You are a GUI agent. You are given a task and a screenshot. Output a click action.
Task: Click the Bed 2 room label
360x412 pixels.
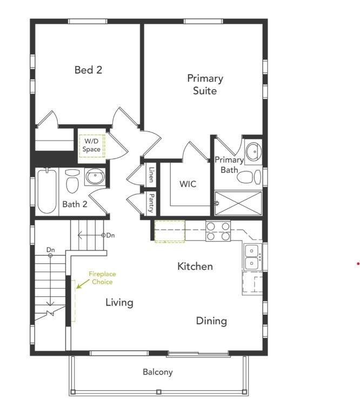[88, 70]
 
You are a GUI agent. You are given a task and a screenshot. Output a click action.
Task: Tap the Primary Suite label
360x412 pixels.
[205, 84]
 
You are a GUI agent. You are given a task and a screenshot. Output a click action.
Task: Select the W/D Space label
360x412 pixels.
[91, 145]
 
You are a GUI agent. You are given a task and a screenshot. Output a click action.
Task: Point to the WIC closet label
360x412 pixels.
[188, 184]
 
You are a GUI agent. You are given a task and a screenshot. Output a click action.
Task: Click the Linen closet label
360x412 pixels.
[151, 175]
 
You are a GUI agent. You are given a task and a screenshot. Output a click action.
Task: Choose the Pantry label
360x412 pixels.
[151, 203]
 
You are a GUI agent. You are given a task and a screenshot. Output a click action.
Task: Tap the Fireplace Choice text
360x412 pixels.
[102, 278]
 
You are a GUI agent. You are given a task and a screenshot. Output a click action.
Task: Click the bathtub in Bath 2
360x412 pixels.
[47, 191]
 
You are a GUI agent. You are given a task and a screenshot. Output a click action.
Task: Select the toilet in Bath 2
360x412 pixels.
[72, 181]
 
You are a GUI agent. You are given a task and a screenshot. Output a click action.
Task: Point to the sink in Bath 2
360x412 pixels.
[95, 176]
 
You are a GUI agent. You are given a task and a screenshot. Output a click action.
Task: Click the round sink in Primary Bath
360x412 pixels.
[254, 151]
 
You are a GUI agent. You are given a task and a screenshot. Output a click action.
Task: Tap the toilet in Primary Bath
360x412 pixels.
[249, 177]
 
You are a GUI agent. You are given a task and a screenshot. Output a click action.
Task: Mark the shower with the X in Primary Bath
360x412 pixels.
[238, 203]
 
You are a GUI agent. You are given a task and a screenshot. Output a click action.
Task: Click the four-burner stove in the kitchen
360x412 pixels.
[218, 231]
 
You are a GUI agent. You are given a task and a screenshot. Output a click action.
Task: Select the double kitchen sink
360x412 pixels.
[252, 257]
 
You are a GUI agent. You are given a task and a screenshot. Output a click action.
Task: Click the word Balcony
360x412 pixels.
[158, 372]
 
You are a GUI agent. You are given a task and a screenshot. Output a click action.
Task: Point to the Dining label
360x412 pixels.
[211, 321]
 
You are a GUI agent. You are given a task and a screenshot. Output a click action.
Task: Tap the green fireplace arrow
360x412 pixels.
[83, 284]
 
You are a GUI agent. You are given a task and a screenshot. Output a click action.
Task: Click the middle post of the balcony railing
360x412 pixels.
[159, 392]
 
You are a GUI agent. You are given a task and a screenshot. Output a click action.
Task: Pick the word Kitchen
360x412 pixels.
[195, 267]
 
